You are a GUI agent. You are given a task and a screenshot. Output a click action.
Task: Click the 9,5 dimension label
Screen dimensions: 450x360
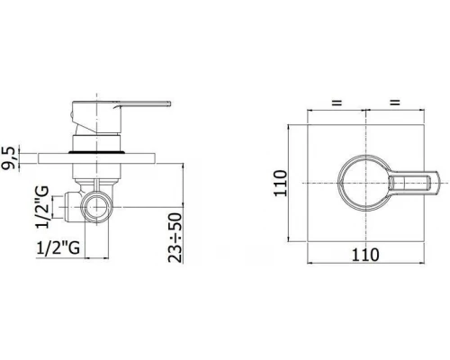(9, 158)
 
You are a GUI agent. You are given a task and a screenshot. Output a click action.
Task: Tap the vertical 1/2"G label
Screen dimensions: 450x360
(41, 207)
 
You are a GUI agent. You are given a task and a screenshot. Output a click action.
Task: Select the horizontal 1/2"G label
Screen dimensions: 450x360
(58, 247)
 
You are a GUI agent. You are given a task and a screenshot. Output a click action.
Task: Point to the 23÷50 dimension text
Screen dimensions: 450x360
(175, 238)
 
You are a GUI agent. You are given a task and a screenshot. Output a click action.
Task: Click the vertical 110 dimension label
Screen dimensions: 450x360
(281, 183)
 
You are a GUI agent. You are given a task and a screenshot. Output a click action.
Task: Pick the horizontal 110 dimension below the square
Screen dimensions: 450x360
(365, 255)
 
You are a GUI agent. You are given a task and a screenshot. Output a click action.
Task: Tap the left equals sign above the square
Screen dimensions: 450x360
(337, 103)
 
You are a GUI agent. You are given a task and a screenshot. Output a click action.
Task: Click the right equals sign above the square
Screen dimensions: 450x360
(395, 103)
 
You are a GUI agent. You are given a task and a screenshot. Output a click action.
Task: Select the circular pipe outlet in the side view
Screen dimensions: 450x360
(96, 207)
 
